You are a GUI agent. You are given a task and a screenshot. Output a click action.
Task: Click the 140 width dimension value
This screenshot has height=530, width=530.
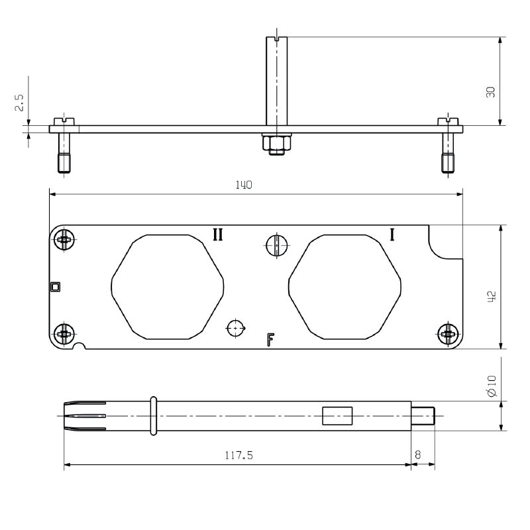[244, 185]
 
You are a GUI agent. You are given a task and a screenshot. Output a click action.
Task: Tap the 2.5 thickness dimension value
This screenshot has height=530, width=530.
[19, 103]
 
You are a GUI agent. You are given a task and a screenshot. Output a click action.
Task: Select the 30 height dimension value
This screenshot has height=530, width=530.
[490, 92]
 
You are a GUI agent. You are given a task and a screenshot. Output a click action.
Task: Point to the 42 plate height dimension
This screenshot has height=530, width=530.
[492, 296]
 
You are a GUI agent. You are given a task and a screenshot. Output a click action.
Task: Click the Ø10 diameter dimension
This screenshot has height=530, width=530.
[492, 386]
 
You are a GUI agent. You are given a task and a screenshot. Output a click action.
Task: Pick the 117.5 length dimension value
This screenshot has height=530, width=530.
[239, 455]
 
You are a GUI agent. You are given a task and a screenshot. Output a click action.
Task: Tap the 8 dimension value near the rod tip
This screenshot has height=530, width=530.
[418, 455]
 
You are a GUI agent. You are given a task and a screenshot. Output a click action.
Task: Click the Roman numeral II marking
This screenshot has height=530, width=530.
[218, 235]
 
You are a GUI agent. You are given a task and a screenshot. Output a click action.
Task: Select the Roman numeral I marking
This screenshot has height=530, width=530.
[392, 235]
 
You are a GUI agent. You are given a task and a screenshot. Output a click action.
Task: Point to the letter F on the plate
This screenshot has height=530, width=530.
[270, 339]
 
